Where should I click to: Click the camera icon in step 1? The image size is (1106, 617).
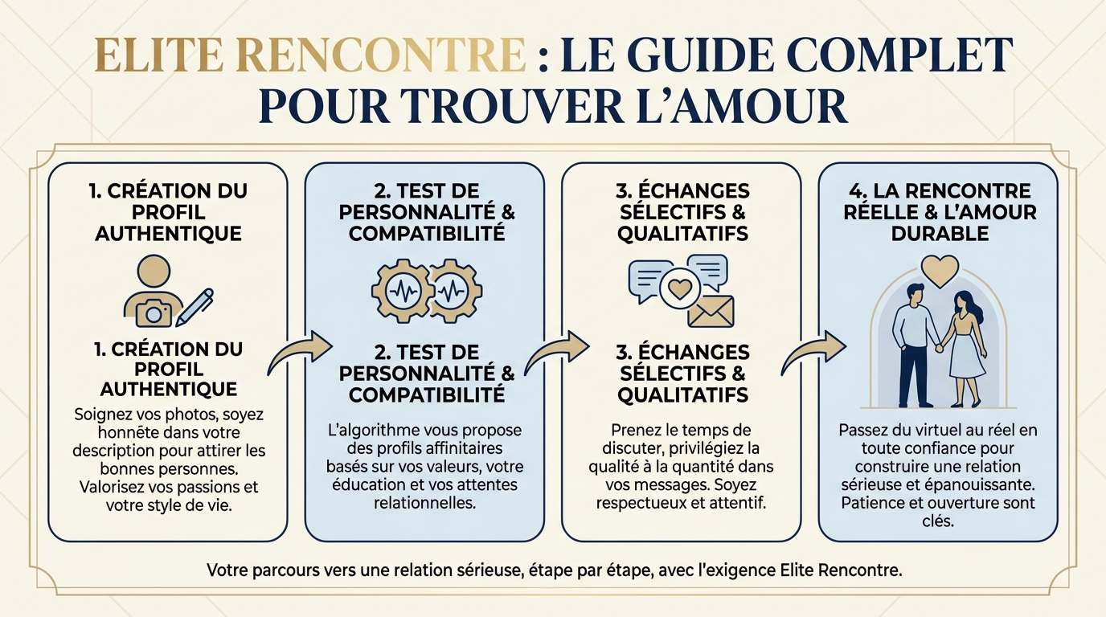[154, 310]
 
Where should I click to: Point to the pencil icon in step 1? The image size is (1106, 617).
[195, 306]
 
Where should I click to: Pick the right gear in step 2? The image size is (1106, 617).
[455, 288]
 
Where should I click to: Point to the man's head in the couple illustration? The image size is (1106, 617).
[914, 296]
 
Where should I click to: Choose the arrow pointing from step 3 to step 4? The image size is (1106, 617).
[813, 351]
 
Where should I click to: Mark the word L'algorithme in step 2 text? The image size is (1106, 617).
[370, 430]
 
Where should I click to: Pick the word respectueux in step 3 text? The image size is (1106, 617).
[647, 505]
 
